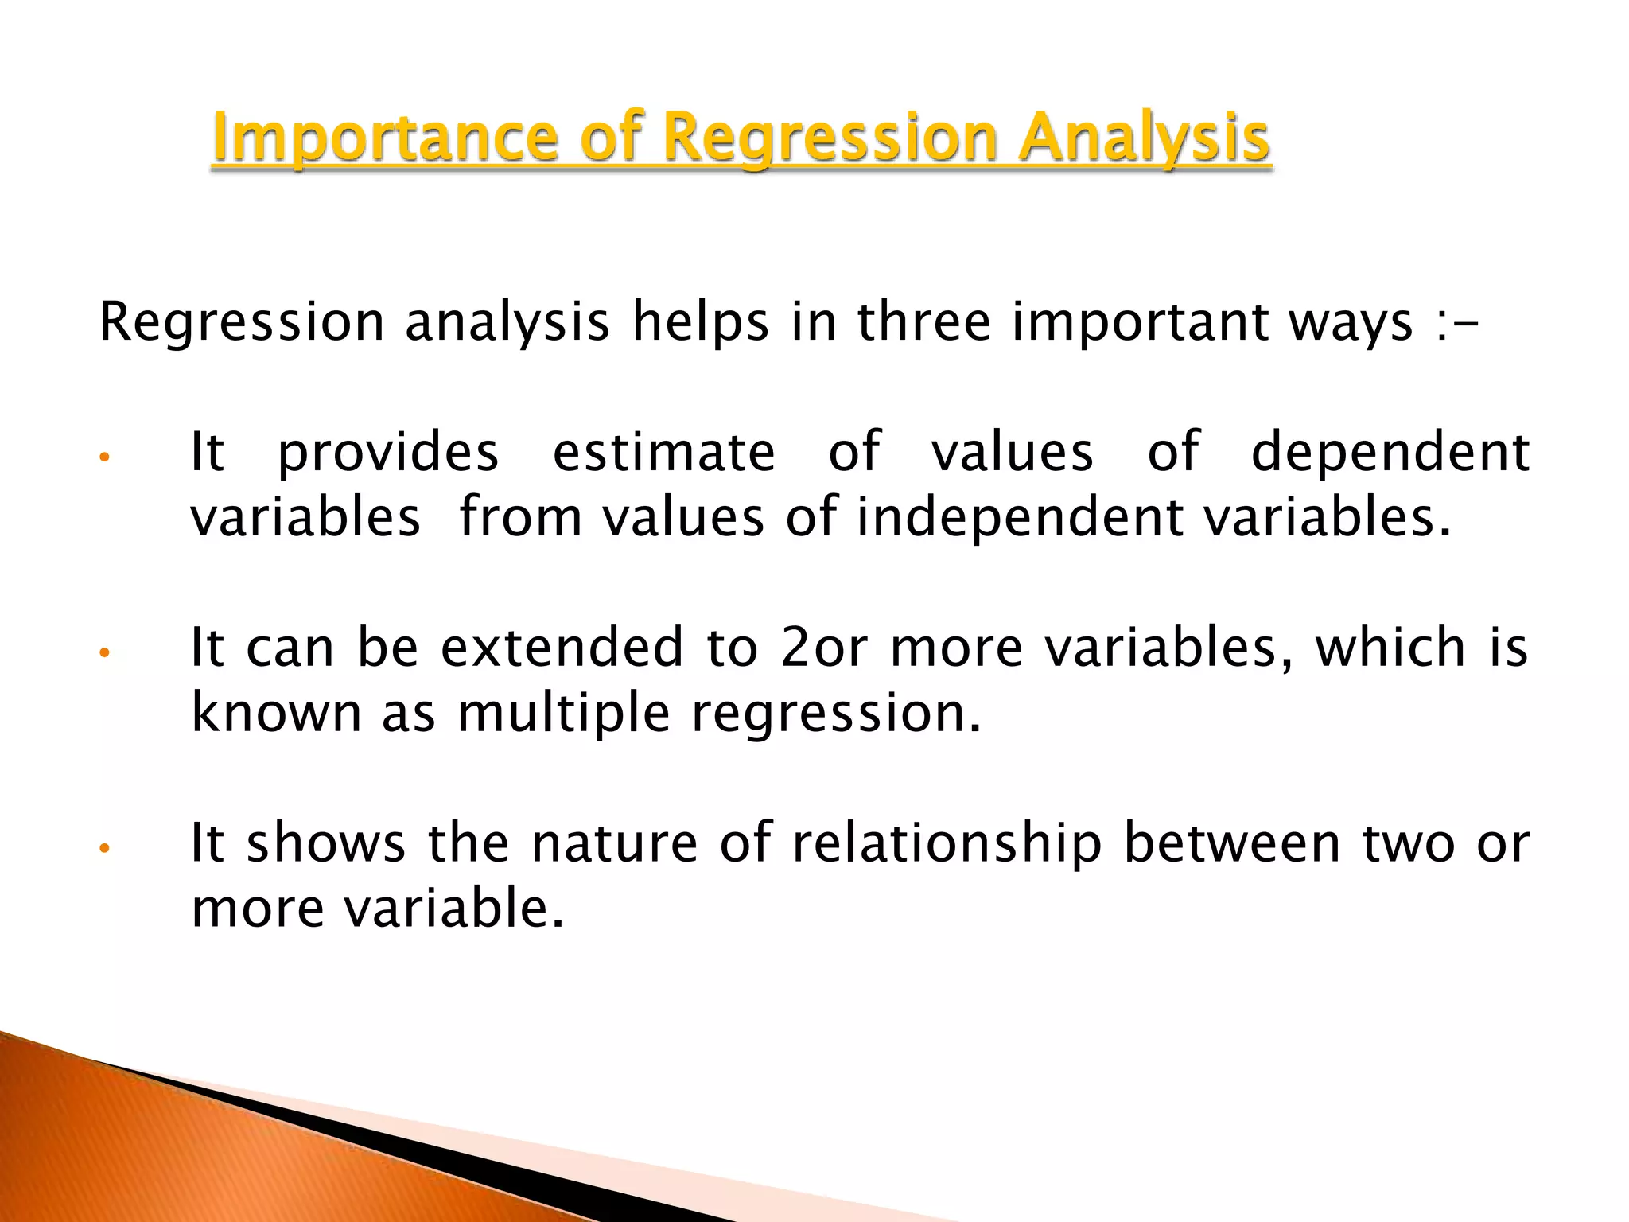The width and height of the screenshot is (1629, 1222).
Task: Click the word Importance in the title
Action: pyautogui.click(x=385, y=138)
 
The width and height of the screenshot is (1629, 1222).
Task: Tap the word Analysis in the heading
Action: pyautogui.click(x=1145, y=138)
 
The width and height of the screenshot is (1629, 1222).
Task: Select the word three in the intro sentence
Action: pyautogui.click(x=923, y=322)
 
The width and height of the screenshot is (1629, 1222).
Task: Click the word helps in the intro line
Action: pyautogui.click(x=701, y=322)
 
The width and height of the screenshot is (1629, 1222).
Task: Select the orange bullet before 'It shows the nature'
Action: pyautogui.click(x=103, y=848)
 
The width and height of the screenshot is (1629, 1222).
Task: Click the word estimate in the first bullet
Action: pyautogui.click(x=663, y=452)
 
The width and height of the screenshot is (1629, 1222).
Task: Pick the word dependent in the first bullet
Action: pyautogui.click(x=1390, y=452)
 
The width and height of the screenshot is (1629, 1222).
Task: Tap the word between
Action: pyautogui.click(x=1232, y=843)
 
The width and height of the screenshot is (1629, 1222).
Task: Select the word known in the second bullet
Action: pyautogui.click(x=277, y=713)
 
